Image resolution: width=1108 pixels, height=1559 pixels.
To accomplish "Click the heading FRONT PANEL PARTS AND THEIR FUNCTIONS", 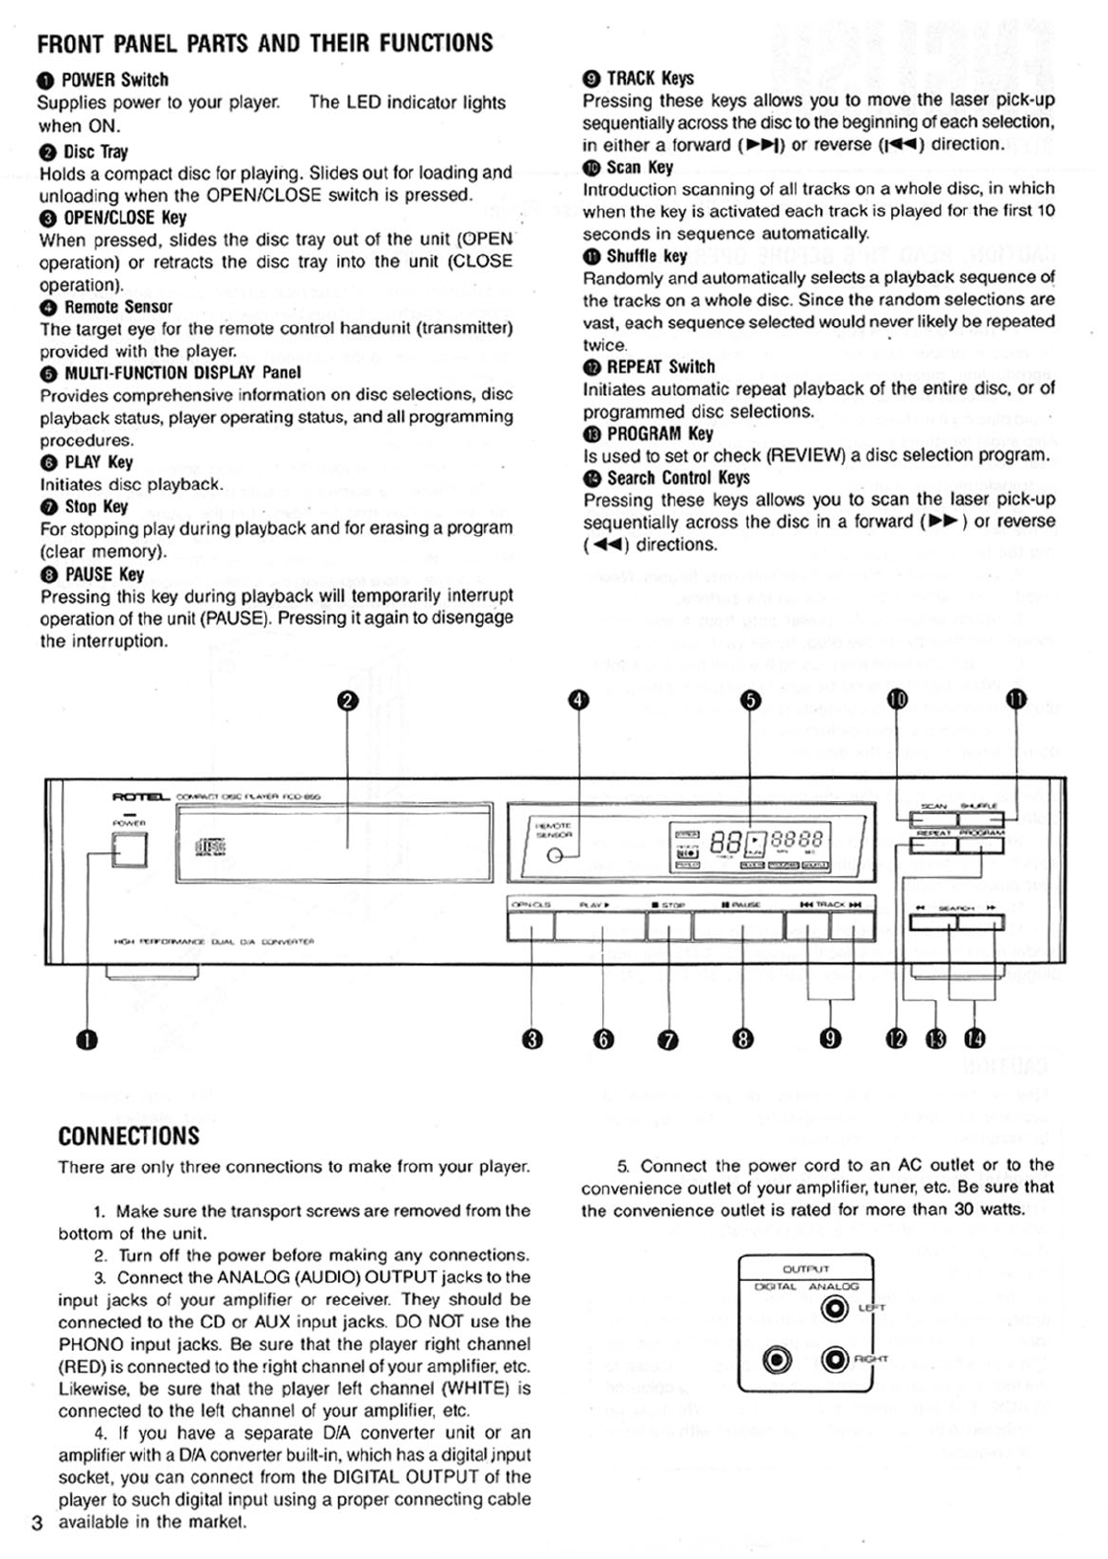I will pos(264,43).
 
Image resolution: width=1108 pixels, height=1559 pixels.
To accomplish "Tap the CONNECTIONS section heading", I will pos(128,1136).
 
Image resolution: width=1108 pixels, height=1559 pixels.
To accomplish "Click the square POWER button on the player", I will pos(128,849).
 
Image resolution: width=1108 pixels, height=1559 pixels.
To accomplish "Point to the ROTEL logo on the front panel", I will pos(142,796).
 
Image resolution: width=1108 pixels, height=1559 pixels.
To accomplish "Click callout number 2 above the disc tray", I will pos(347,701).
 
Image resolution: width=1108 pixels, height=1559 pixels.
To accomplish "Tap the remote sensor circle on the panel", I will pos(555,855).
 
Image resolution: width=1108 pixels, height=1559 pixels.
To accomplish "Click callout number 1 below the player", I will pos(88,1040).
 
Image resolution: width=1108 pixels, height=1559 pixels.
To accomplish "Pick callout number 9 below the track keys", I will pos(830,1039).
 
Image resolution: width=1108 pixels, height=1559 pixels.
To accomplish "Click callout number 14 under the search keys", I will pos(974,1038).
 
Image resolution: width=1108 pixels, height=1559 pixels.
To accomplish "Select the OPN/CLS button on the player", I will pos(530,926).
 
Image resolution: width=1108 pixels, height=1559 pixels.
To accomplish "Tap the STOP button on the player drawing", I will pos(668,926).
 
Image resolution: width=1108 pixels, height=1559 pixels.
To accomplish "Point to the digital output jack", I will pos(778,1360).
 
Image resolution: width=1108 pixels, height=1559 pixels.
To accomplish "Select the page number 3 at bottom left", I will pos(37,1523).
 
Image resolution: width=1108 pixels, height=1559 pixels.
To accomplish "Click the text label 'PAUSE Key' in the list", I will pos(104,575).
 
